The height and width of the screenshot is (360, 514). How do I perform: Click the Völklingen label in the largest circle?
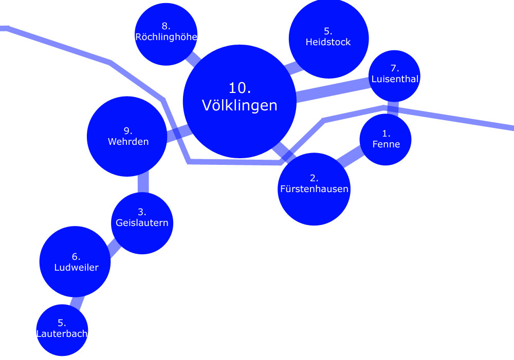click(240, 105)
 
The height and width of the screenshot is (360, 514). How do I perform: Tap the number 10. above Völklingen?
click(240, 87)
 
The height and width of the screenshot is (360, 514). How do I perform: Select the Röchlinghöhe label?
click(166, 36)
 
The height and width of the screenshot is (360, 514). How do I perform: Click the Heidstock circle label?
click(328, 42)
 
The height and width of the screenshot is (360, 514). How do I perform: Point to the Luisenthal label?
click(395, 79)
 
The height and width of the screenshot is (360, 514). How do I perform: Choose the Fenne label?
click(386, 144)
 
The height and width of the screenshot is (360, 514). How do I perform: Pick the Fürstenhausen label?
click(314, 189)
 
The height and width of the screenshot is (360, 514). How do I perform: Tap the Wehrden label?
click(128, 141)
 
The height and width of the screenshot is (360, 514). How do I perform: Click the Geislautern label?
click(142, 223)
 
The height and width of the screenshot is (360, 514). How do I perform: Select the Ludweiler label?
click(76, 267)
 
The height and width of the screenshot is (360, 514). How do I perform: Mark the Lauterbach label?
click(62, 334)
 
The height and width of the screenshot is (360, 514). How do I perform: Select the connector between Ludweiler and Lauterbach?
click(76, 302)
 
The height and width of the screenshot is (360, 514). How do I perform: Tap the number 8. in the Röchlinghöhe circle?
click(166, 26)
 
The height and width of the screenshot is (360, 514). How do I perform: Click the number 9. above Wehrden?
click(128, 131)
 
